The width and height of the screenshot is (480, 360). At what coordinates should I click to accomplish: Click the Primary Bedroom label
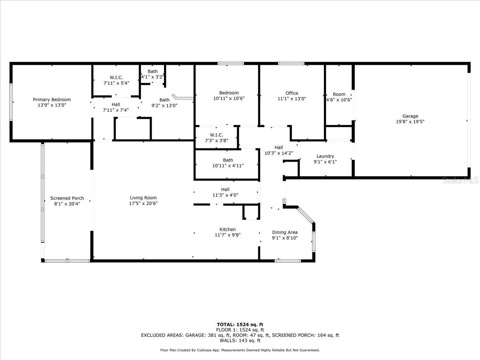point(52,100)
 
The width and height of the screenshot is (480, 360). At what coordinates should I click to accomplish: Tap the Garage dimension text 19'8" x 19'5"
point(410,122)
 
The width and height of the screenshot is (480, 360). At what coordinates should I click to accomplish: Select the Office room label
point(292,93)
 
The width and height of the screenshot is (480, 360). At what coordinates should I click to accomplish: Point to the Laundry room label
point(325,156)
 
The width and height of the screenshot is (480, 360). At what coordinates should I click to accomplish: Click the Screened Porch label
point(67,198)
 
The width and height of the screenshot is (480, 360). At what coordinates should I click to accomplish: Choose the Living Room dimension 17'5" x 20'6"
point(143,203)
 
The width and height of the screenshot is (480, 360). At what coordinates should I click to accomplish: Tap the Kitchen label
point(227,229)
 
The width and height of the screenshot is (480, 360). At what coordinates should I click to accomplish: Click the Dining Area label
point(285,232)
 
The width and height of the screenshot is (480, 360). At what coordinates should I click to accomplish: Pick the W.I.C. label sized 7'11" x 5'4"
point(116,77)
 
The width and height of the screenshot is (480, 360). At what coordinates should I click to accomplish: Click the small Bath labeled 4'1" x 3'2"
point(152,71)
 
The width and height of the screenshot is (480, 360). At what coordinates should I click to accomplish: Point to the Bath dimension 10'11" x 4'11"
point(228,166)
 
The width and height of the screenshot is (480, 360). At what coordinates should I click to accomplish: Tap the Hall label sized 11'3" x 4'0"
point(225,189)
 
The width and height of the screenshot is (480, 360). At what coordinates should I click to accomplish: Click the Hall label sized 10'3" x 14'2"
point(279,147)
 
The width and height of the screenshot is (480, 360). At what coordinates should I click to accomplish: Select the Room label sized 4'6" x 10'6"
point(339,94)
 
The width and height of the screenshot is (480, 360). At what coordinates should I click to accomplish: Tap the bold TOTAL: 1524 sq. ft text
point(240,324)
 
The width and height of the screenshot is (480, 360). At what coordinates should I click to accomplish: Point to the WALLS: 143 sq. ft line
point(240,341)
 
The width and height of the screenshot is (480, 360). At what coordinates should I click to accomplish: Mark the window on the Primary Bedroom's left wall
point(11,102)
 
